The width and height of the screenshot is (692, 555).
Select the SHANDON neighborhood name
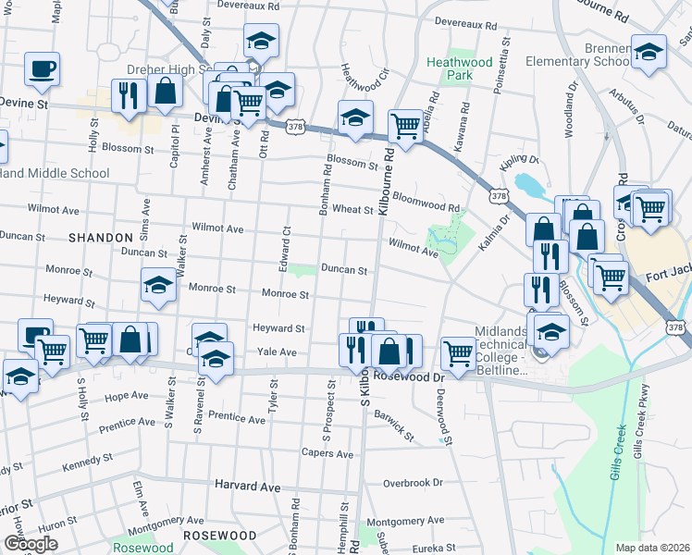point(101,238)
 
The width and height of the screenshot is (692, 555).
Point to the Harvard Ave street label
point(247,486)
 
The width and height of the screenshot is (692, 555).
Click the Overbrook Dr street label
point(414,483)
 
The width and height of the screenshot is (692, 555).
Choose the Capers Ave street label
point(327,454)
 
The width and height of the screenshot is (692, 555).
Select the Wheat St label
point(352,210)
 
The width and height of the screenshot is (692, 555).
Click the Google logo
point(30,543)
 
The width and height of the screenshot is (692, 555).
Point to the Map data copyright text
point(652,548)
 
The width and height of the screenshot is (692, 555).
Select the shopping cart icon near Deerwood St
point(458,352)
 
